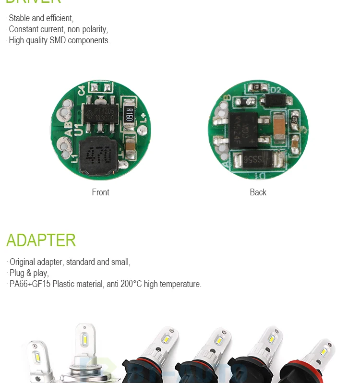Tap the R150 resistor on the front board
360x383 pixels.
click(129, 115)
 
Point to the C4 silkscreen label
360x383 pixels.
click(81, 90)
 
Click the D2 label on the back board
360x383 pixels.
click(276, 90)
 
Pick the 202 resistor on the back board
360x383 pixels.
click(295, 119)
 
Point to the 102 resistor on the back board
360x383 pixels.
click(257, 87)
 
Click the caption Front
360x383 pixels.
click(100, 192)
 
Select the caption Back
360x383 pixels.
click(258, 192)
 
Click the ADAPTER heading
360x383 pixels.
click(41, 240)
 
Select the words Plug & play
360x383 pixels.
click(29, 273)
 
